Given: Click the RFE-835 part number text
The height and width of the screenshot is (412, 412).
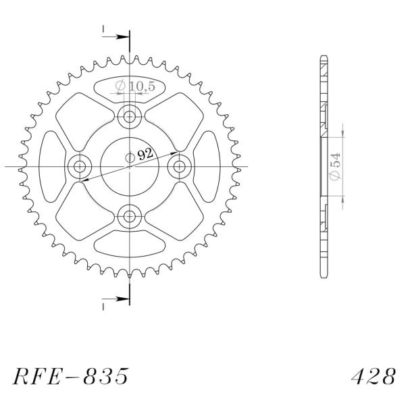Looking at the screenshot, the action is pyautogui.click(x=71, y=376).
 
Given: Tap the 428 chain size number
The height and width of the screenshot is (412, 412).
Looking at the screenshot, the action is pyautogui.click(x=374, y=376).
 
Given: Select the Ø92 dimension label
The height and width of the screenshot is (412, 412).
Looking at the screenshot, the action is pyautogui.click(x=139, y=155).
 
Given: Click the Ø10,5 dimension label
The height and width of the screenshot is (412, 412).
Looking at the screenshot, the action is pyautogui.click(x=135, y=86).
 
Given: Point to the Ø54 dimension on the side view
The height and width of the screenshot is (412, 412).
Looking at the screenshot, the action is pyautogui.click(x=336, y=166).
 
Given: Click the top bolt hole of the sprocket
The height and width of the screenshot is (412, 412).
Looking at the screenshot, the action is pyautogui.click(x=129, y=116).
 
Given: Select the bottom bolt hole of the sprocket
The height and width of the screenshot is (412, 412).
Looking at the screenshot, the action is pyautogui.click(x=129, y=217).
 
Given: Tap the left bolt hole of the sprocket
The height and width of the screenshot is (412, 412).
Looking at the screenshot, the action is pyautogui.click(x=79, y=166).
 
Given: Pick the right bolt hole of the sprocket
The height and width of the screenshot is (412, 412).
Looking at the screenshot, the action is pyautogui.click(x=180, y=166).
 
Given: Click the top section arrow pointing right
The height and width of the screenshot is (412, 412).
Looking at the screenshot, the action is pyautogui.click(x=115, y=36).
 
